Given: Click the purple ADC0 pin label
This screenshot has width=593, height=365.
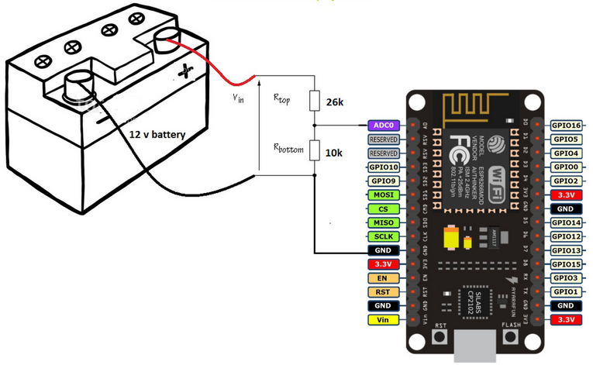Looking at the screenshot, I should [384, 125].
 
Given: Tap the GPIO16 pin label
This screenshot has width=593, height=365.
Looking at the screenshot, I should [565, 125].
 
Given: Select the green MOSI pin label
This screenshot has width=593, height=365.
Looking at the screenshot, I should [384, 195].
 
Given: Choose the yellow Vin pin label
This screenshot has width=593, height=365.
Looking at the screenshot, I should [384, 319].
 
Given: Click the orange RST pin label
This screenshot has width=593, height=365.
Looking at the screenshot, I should [384, 291].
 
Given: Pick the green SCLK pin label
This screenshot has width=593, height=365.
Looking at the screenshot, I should [384, 236].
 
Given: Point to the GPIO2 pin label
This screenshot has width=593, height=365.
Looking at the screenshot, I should [565, 181].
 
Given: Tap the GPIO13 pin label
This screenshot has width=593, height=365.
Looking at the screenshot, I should [565, 250].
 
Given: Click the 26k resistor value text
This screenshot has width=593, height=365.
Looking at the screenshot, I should [335, 102].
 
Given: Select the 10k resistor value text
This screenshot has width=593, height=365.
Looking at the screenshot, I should [334, 153].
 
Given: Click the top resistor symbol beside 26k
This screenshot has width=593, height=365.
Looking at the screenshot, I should [314, 101].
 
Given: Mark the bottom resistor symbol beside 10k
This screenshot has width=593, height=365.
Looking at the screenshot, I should [314, 150].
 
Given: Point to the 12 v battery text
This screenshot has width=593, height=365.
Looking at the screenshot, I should [157, 135].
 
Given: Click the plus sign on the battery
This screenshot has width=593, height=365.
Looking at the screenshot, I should [184, 72].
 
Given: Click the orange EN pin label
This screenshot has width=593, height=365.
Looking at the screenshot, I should [384, 277].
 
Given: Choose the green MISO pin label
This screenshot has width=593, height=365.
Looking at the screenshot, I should [384, 222].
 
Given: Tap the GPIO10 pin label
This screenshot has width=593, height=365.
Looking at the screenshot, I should [384, 167].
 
